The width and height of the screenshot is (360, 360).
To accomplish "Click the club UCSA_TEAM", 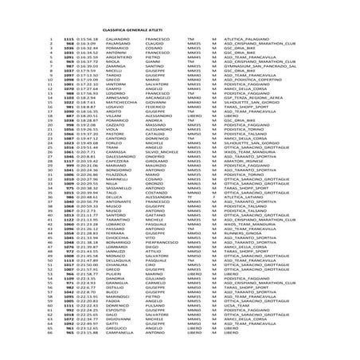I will pos(237,327).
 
